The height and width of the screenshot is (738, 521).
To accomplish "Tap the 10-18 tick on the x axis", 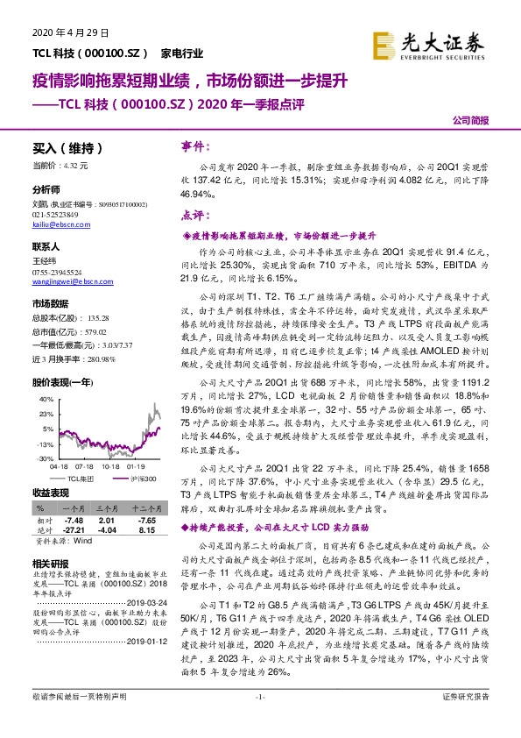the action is [x=110, y=467].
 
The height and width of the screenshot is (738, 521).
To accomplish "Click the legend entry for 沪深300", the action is [x=144, y=479].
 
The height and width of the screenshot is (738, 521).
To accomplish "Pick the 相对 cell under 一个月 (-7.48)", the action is [x=72, y=519].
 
